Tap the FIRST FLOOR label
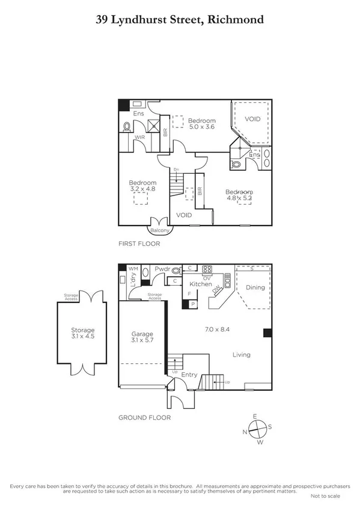point(138,245)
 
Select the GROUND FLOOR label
point(144,417)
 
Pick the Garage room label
point(142,334)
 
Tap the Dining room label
point(255,287)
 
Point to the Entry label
point(189,375)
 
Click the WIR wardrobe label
point(139,137)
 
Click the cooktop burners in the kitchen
point(209,269)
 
